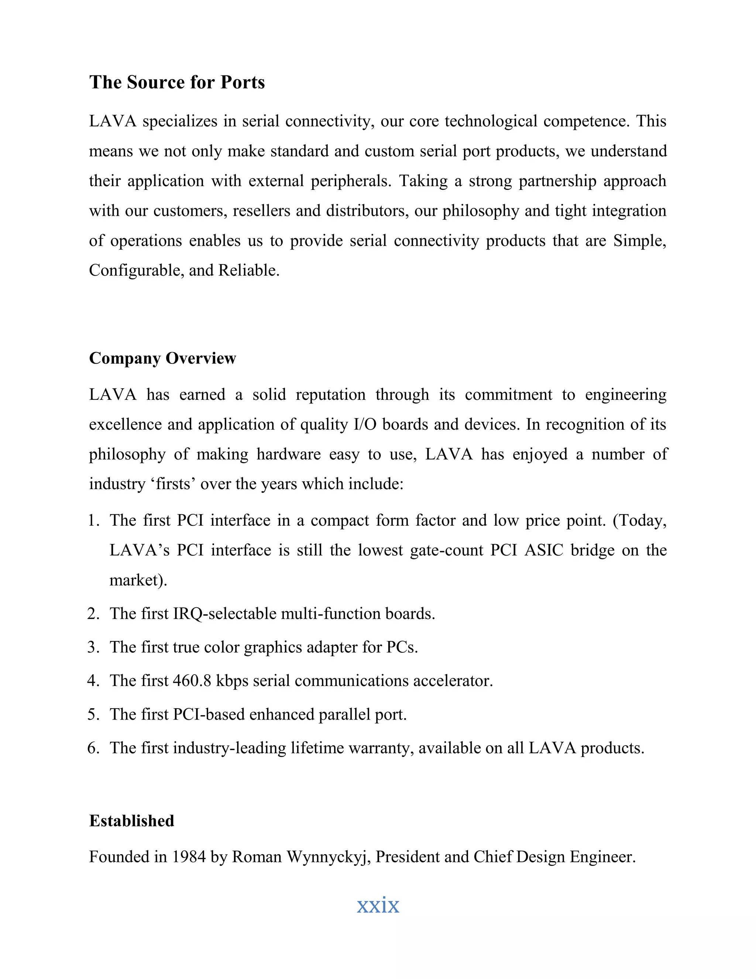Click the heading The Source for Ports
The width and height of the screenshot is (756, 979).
(x=177, y=82)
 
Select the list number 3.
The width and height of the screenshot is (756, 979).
(x=93, y=647)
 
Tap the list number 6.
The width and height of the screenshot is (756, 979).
(x=93, y=748)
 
